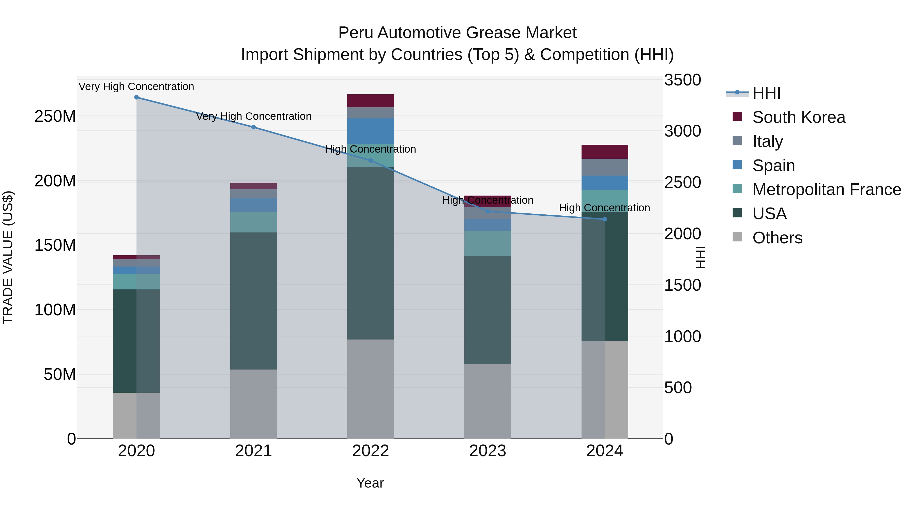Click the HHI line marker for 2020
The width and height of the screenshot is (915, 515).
pyautogui.click(x=136, y=97)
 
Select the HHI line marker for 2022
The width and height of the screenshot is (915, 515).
pyautogui.click(x=371, y=161)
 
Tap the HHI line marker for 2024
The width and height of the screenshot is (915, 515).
pyautogui.click(x=605, y=219)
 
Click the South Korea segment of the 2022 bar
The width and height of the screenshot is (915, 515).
pyautogui.click(x=371, y=101)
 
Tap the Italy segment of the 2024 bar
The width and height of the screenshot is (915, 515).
pyautogui.click(x=605, y=167)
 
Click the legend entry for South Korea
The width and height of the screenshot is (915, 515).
pyautogui.click(x=799, y=117)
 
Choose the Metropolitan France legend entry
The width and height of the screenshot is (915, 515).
pyautogui.click(x=826, y=189)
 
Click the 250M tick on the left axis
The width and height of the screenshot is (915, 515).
pyautogui.click(x=55, y=116)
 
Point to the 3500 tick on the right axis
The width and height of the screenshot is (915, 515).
pyautogui.click(x=682, y=80)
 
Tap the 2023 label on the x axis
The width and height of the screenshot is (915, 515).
pyautogui.click(x=488, y=451)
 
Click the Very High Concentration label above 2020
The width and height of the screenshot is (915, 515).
pyautogui.click(x=136, y=86)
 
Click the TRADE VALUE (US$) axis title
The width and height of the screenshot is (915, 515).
pyautogui.click(x=8, y=257)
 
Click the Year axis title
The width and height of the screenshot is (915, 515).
pyautogui.click(x=370, y=483)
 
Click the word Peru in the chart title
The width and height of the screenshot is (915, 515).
pyautogui.click(x=355, y=33)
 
